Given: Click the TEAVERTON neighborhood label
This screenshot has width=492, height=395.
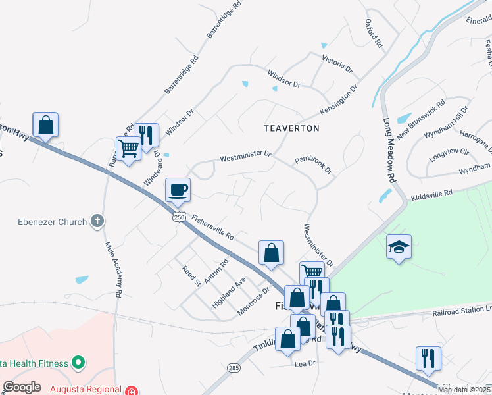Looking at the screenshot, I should (291, 128).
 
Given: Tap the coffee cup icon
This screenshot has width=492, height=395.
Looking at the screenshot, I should (178, 190).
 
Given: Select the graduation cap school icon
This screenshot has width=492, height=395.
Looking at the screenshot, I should (399, 247).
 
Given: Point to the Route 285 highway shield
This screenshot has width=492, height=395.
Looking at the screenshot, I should (233, 367).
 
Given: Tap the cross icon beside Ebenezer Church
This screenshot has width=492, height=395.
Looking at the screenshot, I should (97, 221).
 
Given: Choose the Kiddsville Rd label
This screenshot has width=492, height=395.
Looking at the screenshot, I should (431, 194).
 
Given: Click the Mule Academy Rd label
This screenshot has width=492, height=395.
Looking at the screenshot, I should (112, 271).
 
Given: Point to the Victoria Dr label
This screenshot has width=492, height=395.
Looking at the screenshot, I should (337, 64).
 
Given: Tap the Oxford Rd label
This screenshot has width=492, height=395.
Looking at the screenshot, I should (374, 33).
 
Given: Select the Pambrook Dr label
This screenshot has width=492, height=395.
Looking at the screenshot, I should (314, 165).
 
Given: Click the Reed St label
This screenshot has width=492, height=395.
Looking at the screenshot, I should (191, 276).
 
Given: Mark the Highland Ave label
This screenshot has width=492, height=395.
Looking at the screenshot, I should (228, 293).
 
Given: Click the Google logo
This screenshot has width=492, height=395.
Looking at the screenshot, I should (22, 387).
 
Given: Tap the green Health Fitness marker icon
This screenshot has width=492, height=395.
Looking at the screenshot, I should (78, 362).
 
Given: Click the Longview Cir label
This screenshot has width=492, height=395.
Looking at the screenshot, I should (449, 152).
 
